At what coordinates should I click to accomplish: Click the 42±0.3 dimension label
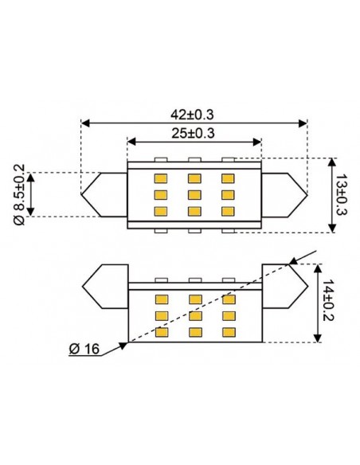pyautogui.click(x=194, y=114)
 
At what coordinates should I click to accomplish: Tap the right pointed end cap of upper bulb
pyautogui.click(x=284, y=194)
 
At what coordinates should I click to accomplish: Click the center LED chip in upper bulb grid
pyautogui.click(x=194, y=194)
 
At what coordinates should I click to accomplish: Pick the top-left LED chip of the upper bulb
pyautogui.click(x=160, y=178)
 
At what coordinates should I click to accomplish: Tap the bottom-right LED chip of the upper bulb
pyautogui.click(x=229, y=210)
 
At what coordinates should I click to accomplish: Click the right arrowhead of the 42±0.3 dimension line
pyautogui.click(x=302, y=123)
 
